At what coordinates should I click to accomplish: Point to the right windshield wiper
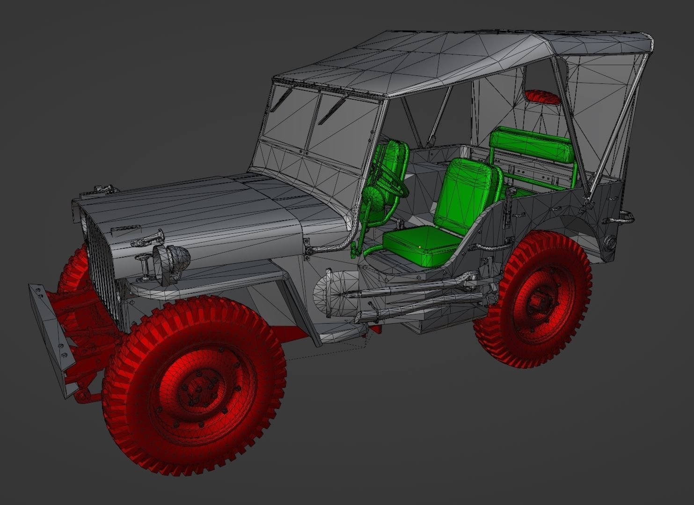tap(332, 109)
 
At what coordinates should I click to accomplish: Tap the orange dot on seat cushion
tap(420, 245)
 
